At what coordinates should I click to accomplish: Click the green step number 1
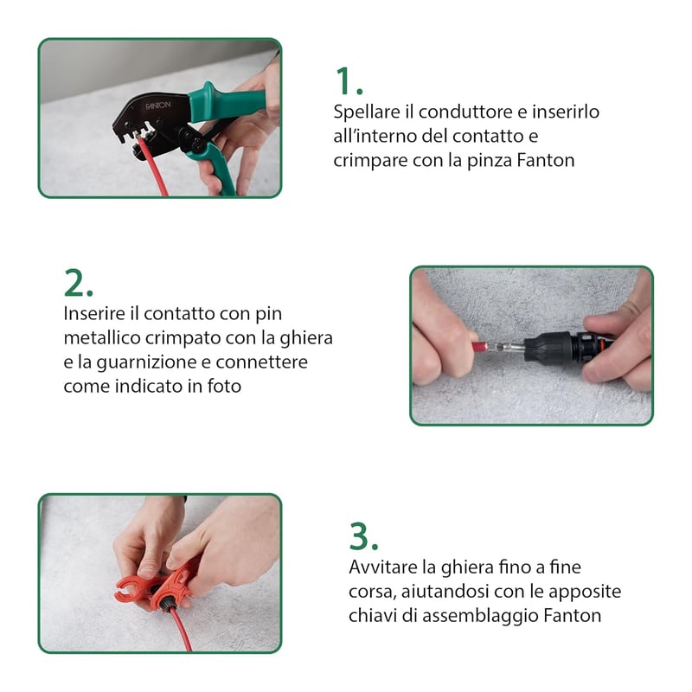point(349,80)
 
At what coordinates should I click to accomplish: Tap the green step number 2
point(78,283)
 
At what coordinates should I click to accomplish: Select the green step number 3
point(363,535)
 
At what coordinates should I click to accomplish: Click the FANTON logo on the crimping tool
point(158,106)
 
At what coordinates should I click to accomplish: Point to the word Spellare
point(367,112)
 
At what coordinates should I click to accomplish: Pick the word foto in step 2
point(224,386)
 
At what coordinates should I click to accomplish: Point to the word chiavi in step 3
point(373,615)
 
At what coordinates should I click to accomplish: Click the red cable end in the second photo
point(480,347)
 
